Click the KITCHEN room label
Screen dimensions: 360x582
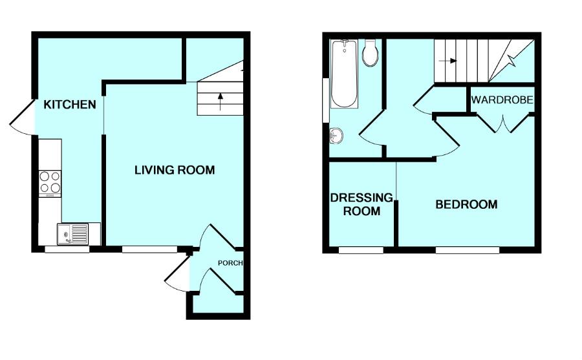(x=70, y=105)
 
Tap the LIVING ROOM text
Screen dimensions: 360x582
(x=175, y=171)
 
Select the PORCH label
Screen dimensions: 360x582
(x=230, y=263)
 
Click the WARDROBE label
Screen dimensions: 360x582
(x=502, y=100)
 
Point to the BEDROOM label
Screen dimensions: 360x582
(x=466, y=205)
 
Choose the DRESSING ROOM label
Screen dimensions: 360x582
(x=361, y=204)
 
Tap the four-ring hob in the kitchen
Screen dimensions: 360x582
(x=50, y=182)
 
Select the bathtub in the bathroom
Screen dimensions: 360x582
(x=343, y=74)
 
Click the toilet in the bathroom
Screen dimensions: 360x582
(x=371, y=54)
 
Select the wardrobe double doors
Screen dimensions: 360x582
(x=502, y=122)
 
